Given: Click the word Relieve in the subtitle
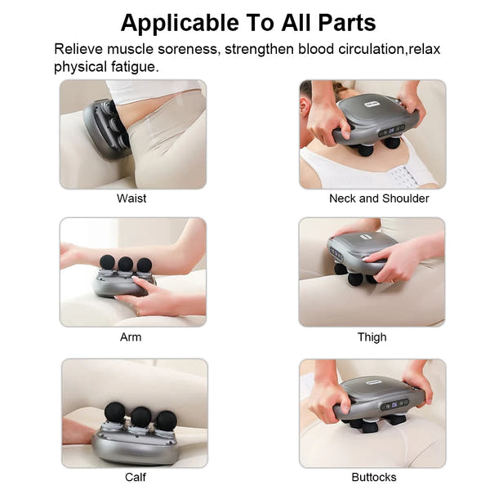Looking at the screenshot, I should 79,49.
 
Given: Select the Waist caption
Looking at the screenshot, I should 131,198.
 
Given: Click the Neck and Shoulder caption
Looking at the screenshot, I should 379,198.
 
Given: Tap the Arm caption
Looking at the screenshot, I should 131,337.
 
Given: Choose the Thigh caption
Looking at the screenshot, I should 372,337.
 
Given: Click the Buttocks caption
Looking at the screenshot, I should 373,477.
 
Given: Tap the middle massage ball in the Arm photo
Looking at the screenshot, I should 125,265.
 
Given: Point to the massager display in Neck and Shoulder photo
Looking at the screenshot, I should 395,128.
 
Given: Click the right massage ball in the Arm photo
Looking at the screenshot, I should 144,265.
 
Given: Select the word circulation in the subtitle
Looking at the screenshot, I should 365,49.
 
